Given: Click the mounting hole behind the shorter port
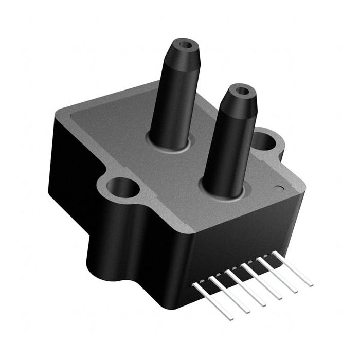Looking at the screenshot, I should tap(265, 139).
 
